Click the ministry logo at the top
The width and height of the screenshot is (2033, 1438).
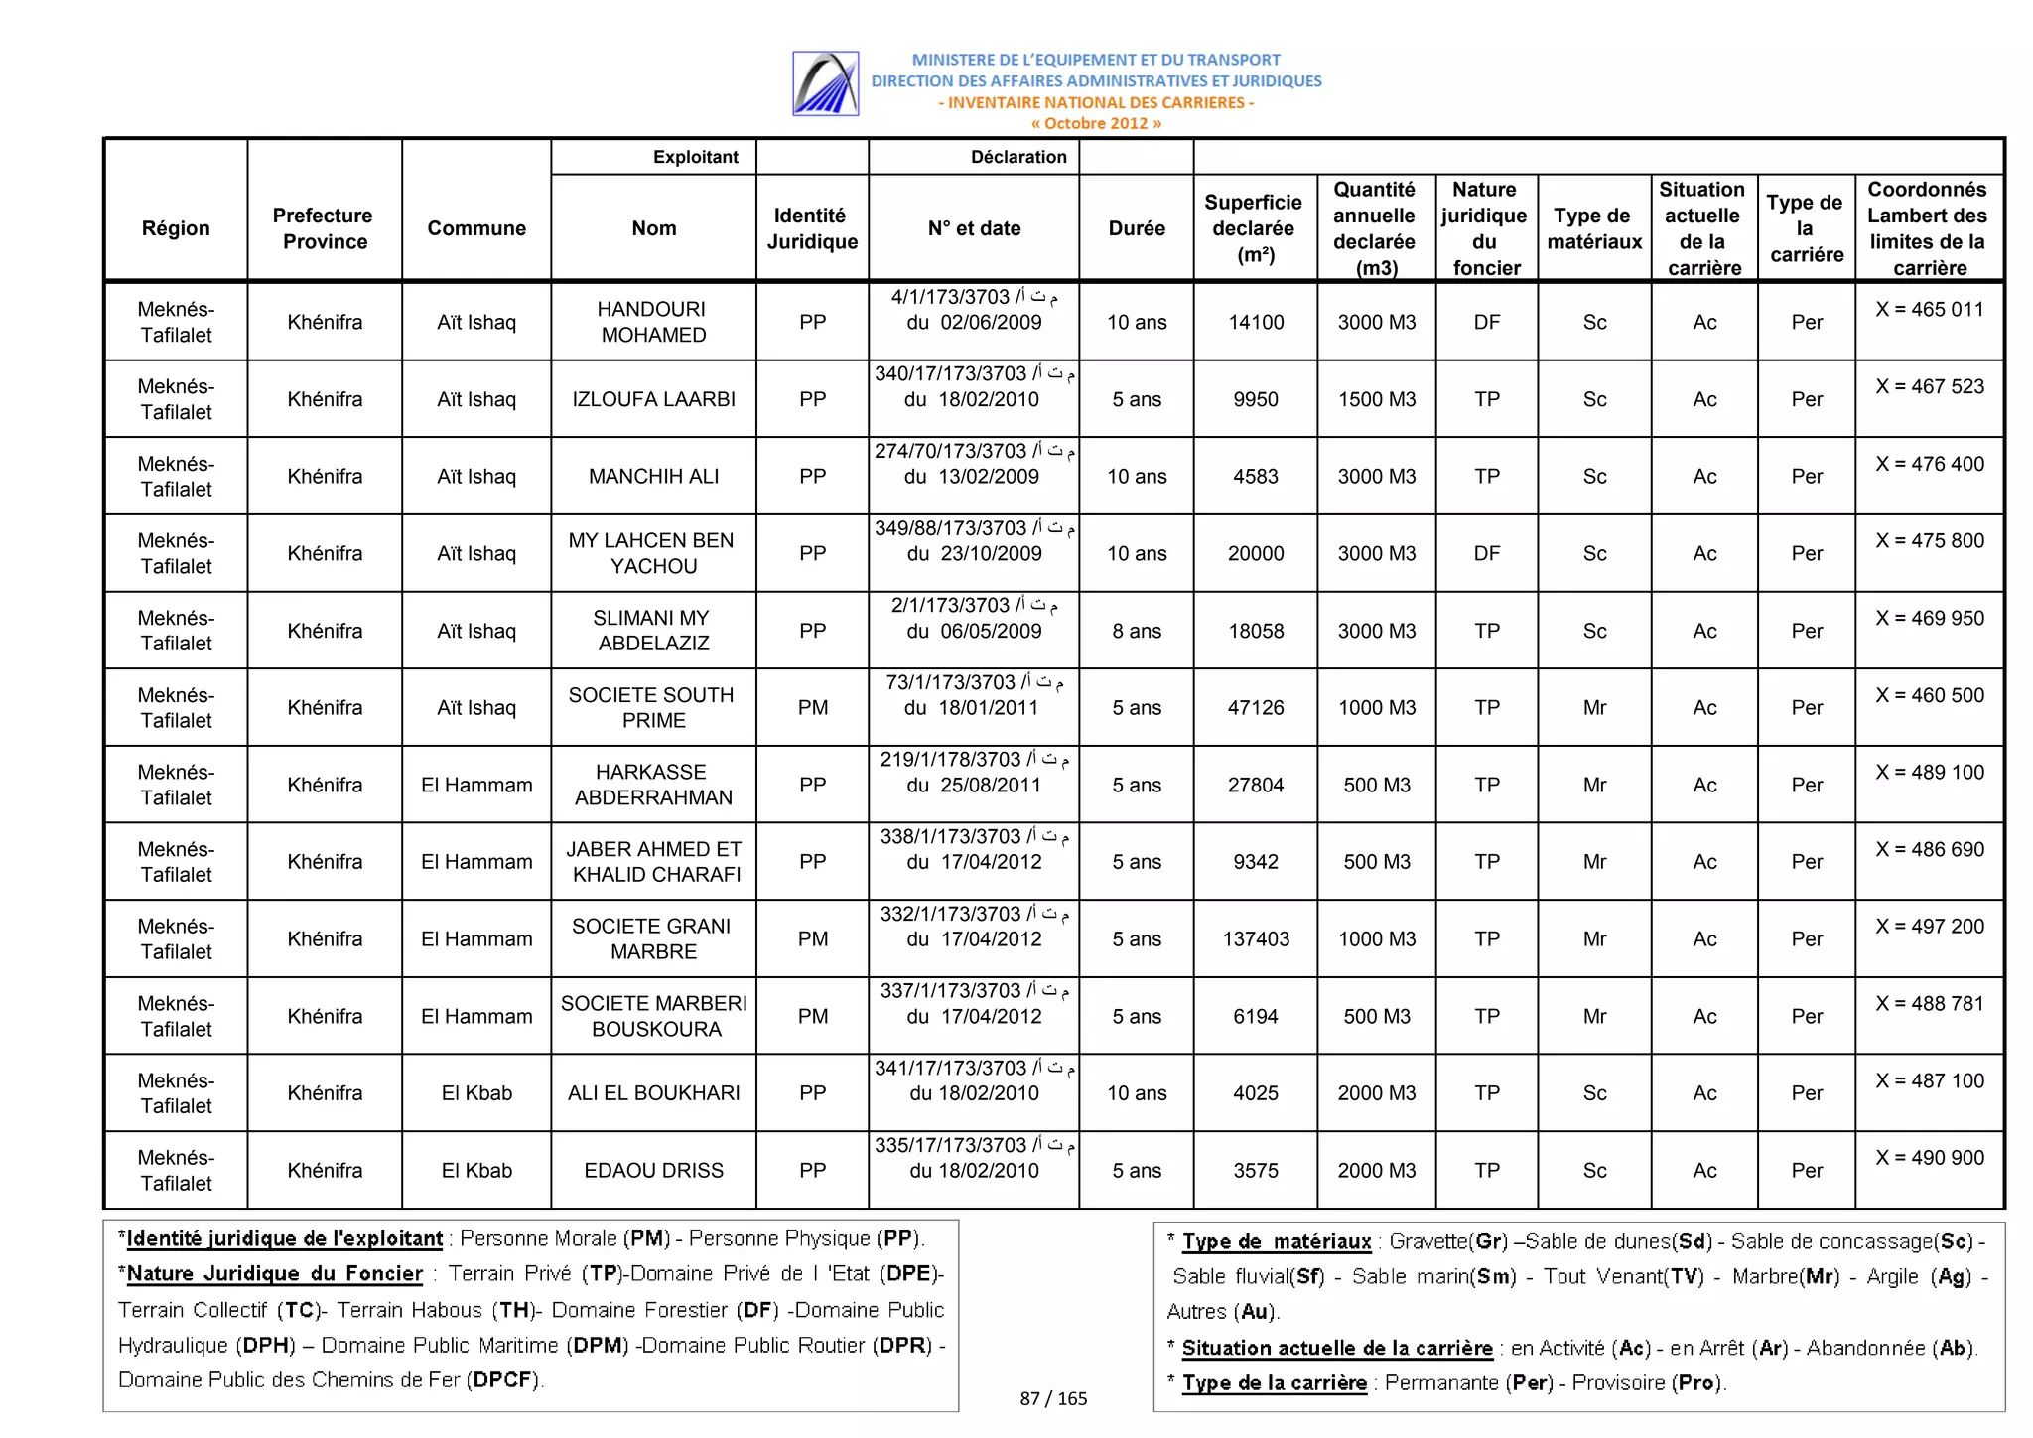pos(825,83)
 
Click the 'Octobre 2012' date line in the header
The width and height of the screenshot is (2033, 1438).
pos(1095,123)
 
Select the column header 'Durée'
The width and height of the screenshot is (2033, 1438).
pos(1136,228)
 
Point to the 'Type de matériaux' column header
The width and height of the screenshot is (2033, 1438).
pos(1593,228)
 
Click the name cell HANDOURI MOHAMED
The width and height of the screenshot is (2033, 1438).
pos(652,322)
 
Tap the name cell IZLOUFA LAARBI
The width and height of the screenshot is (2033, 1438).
pos(652,399)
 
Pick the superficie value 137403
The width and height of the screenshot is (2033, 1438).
pos(1255,938)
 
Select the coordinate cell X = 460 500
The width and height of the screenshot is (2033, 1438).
pos(1928,695)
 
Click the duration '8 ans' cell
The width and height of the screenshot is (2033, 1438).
pos(1136,631)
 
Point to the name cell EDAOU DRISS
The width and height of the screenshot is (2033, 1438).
pos(652,1170)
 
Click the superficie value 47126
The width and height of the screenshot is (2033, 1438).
pos(1255,707)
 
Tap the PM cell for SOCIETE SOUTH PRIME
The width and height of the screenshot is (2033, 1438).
pos(812,707)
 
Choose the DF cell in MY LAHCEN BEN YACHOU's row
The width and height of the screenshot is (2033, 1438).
pos(1486,553)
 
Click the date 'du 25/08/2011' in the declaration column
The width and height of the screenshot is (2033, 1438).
pos(973,785)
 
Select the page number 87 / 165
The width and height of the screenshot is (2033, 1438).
pos(1052,1398)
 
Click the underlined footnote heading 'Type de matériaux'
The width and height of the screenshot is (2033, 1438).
pos(1276,1241)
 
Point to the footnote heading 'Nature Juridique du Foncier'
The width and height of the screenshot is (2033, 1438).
pos(274,1273)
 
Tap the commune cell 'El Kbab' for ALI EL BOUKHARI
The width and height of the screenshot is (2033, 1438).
pos(476,1092)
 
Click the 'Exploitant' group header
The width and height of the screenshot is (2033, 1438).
pos(695,157)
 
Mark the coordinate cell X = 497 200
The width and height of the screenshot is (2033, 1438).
pos(1928,927)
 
